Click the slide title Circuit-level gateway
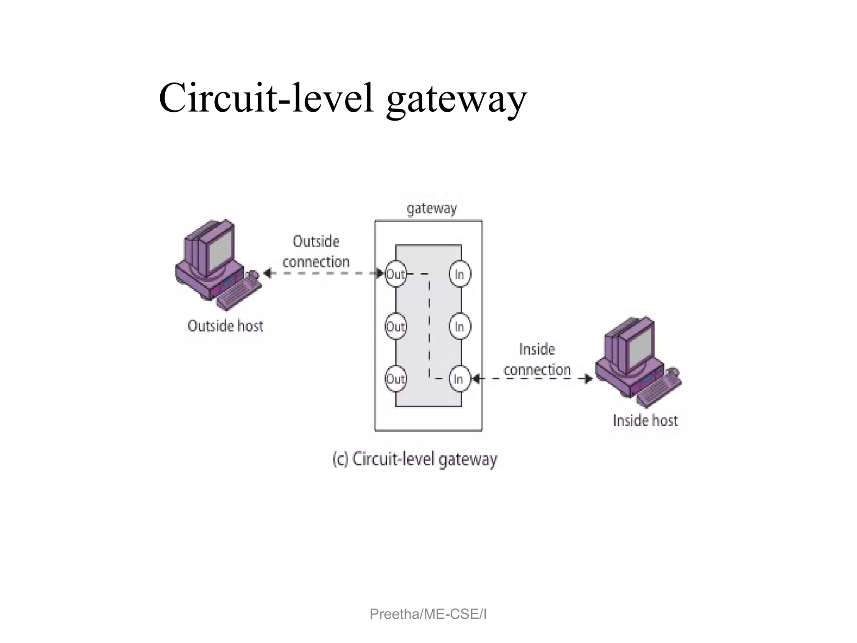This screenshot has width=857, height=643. click(343, 98)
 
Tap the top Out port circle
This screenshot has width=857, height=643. click(395, 274)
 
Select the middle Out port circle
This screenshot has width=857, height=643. click(395, 327)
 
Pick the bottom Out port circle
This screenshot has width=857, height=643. click(395, 379)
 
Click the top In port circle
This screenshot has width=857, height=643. click(459, 274)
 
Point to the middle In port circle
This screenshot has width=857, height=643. click(459, 327)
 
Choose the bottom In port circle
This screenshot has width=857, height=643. click(459, 379)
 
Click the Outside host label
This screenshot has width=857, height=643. click(225, 326)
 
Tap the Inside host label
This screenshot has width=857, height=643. click(645, 420)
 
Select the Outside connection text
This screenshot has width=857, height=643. click(316, 252)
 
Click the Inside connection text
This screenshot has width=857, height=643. click(537, 359)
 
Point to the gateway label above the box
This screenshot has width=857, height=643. click(432, 208)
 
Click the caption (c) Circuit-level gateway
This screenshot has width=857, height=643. click(415, 459)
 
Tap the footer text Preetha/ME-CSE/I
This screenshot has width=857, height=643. click(428, 614)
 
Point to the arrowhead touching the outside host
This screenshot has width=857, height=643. click(267, 274)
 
